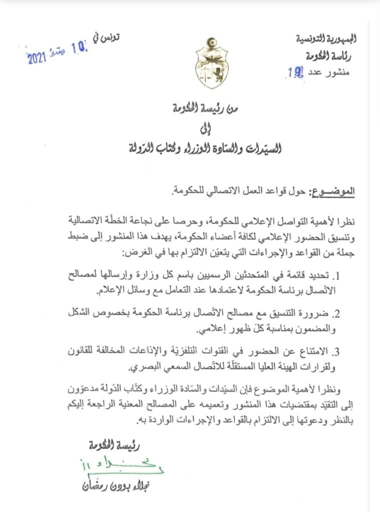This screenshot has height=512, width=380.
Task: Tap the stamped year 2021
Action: (x=37, y=57)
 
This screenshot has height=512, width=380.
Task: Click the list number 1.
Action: (x=338, y=274)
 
